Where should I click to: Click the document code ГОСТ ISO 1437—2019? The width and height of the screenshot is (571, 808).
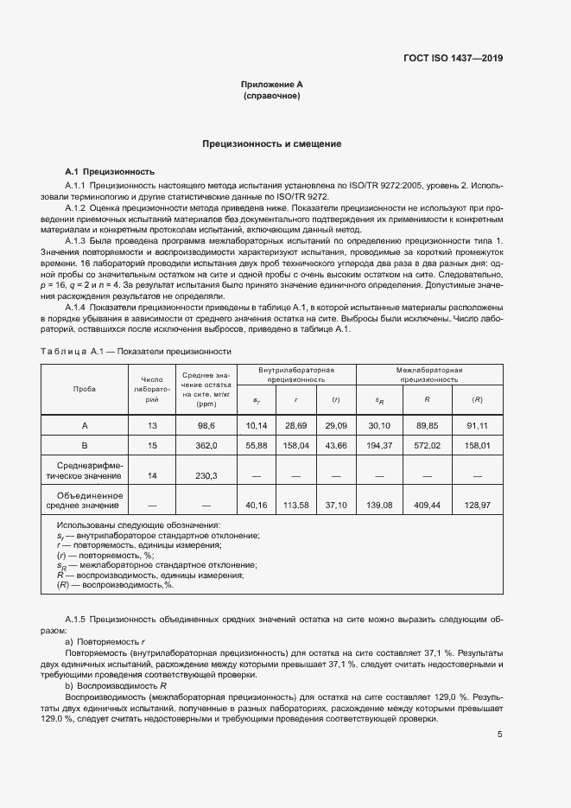[453, 59]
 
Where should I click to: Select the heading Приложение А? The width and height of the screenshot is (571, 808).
[271, 85]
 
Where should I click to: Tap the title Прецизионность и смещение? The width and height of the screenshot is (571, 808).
[271, 143]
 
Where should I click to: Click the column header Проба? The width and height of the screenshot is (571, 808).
[85, 388]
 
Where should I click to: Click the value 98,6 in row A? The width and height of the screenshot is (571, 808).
[206, 425]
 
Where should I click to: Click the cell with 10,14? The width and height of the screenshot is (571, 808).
[257, 425]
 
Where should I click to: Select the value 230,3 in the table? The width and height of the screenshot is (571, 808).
[206, 475]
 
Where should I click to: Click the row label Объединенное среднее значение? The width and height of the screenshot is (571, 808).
[85, 499]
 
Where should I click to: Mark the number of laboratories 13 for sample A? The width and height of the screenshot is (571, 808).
[153, 425]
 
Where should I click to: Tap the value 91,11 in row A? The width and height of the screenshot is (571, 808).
[477, 425]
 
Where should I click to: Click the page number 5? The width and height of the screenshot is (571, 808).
[500, 735]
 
